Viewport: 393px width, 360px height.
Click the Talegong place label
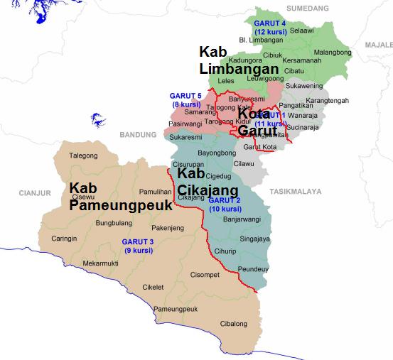pos(83,156)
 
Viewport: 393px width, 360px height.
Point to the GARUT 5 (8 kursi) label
pos(186,99)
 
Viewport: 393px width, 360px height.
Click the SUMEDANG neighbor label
pos(308,8)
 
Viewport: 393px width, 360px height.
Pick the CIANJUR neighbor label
pos(32,192)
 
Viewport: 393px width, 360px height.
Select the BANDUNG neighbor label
pos(137,133)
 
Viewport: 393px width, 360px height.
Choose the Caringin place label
pos(64,239)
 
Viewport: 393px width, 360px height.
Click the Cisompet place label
pos(205,274)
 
